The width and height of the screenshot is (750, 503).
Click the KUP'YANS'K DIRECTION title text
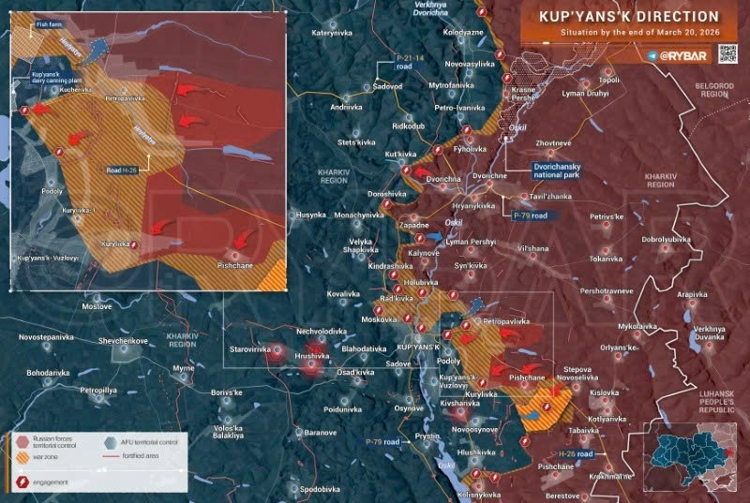[629, 17]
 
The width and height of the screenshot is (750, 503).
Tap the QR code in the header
[727, 53]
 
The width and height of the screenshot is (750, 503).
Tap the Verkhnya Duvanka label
[710, 333]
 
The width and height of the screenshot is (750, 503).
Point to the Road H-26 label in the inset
[123, 170]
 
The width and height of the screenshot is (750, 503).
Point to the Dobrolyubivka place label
[666, 239]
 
